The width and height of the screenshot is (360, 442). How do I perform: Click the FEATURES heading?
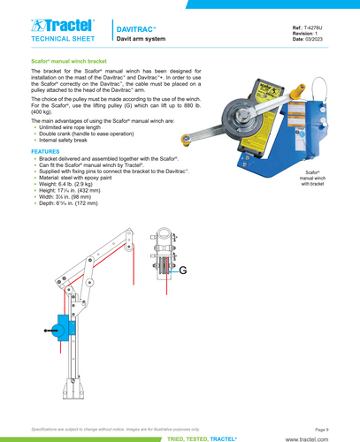tap(45, 151)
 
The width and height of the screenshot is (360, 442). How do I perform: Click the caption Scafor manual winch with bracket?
tap(312, 178)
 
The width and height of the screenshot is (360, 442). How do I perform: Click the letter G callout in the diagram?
tap(182, 271)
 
